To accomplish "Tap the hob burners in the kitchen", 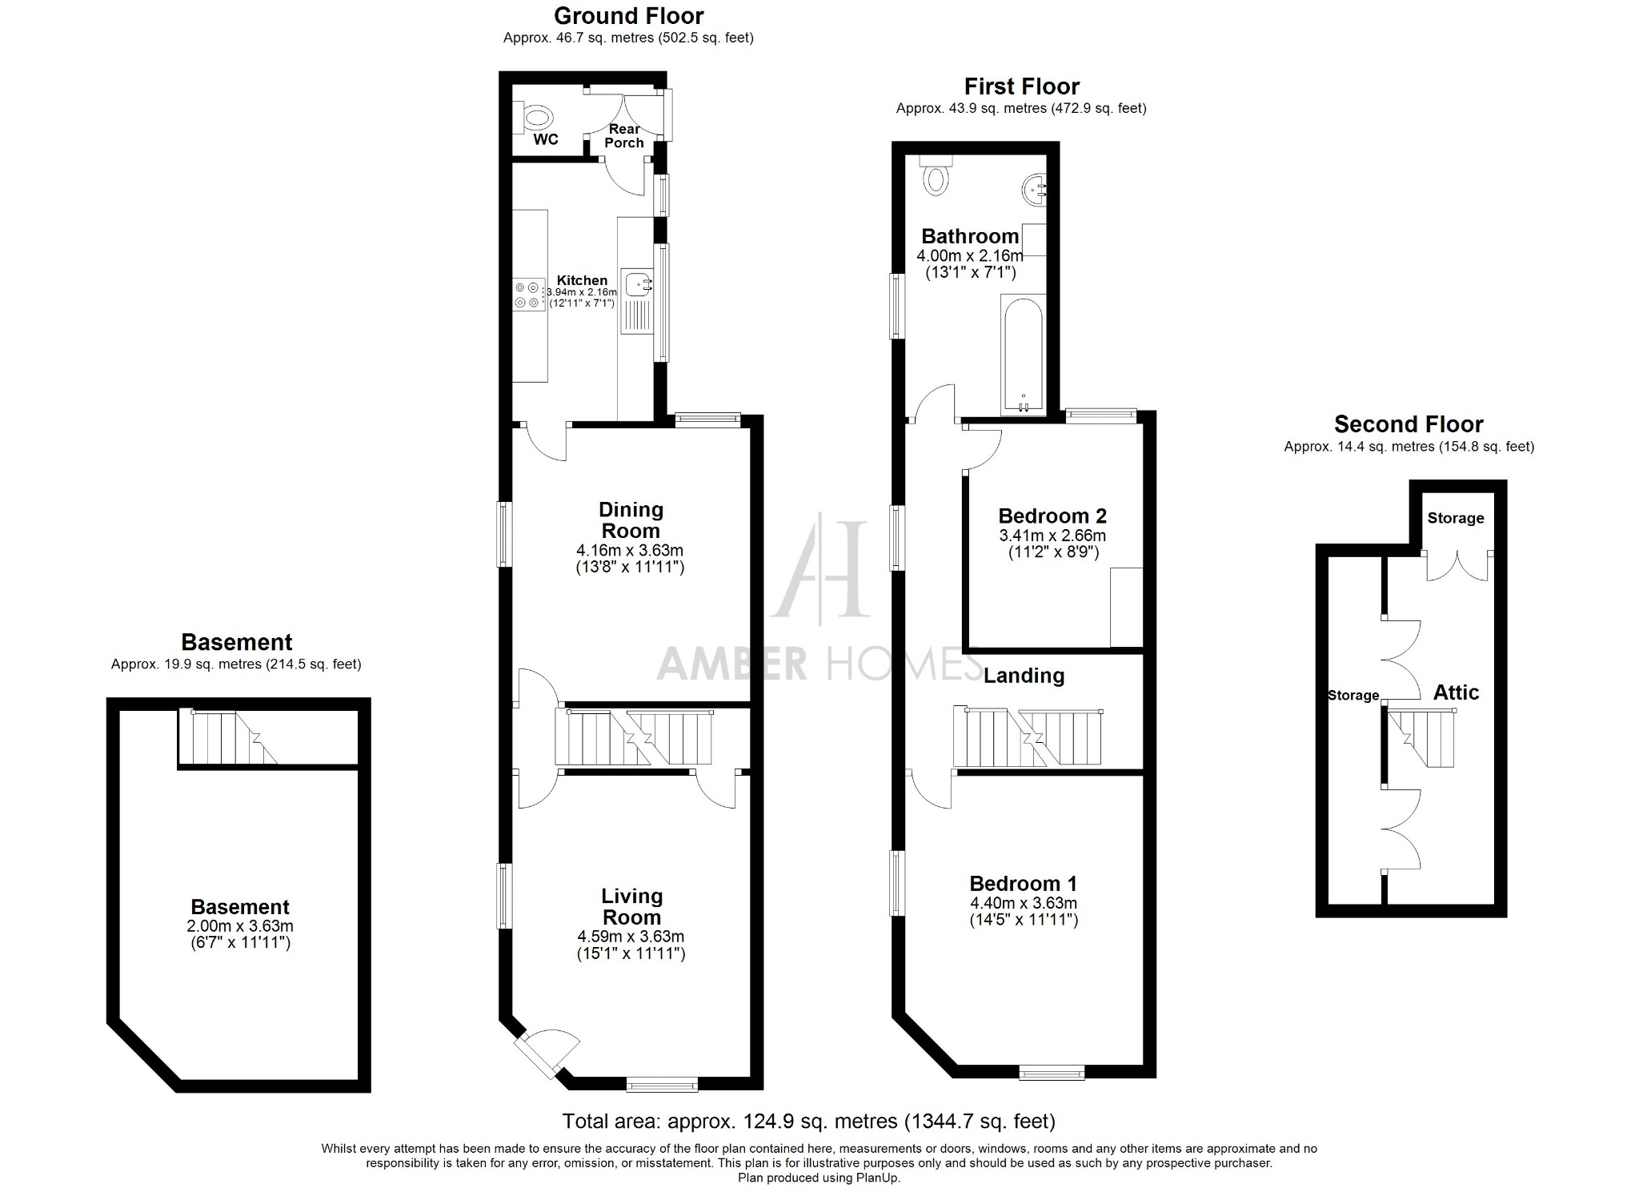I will point(527,295).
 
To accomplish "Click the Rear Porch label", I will point(624,136).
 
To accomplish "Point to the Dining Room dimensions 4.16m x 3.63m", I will point(630,551).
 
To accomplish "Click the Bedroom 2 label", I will point(1052,516).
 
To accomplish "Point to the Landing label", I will point(1024,676).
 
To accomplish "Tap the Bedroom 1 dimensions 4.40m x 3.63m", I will point(1024,903).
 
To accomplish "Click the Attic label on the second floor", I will point(1456,692).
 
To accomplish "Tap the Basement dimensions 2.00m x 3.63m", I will point(240,926).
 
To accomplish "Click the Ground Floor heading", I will point(628,16).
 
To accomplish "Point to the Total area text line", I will point(808,1121).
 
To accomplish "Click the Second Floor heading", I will point(1409,424).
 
